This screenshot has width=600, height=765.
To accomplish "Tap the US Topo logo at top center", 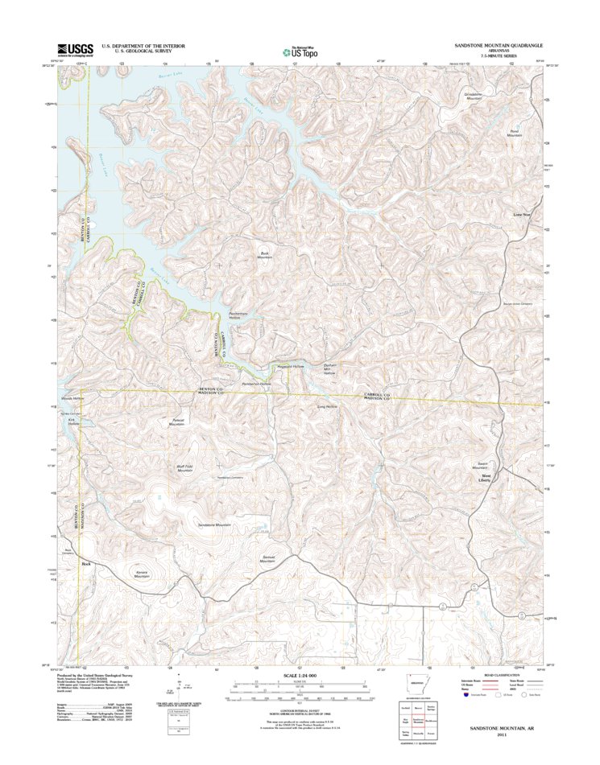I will (300, 51).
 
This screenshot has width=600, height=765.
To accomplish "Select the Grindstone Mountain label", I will (478, 96).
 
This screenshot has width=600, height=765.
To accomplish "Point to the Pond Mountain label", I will (515, 133).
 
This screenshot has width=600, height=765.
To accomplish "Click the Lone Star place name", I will (523, 215).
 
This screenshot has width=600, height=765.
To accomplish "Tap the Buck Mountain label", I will (265, 254).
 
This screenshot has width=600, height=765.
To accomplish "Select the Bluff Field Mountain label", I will (185, 468).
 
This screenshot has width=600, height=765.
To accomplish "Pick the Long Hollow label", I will (326, 407).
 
